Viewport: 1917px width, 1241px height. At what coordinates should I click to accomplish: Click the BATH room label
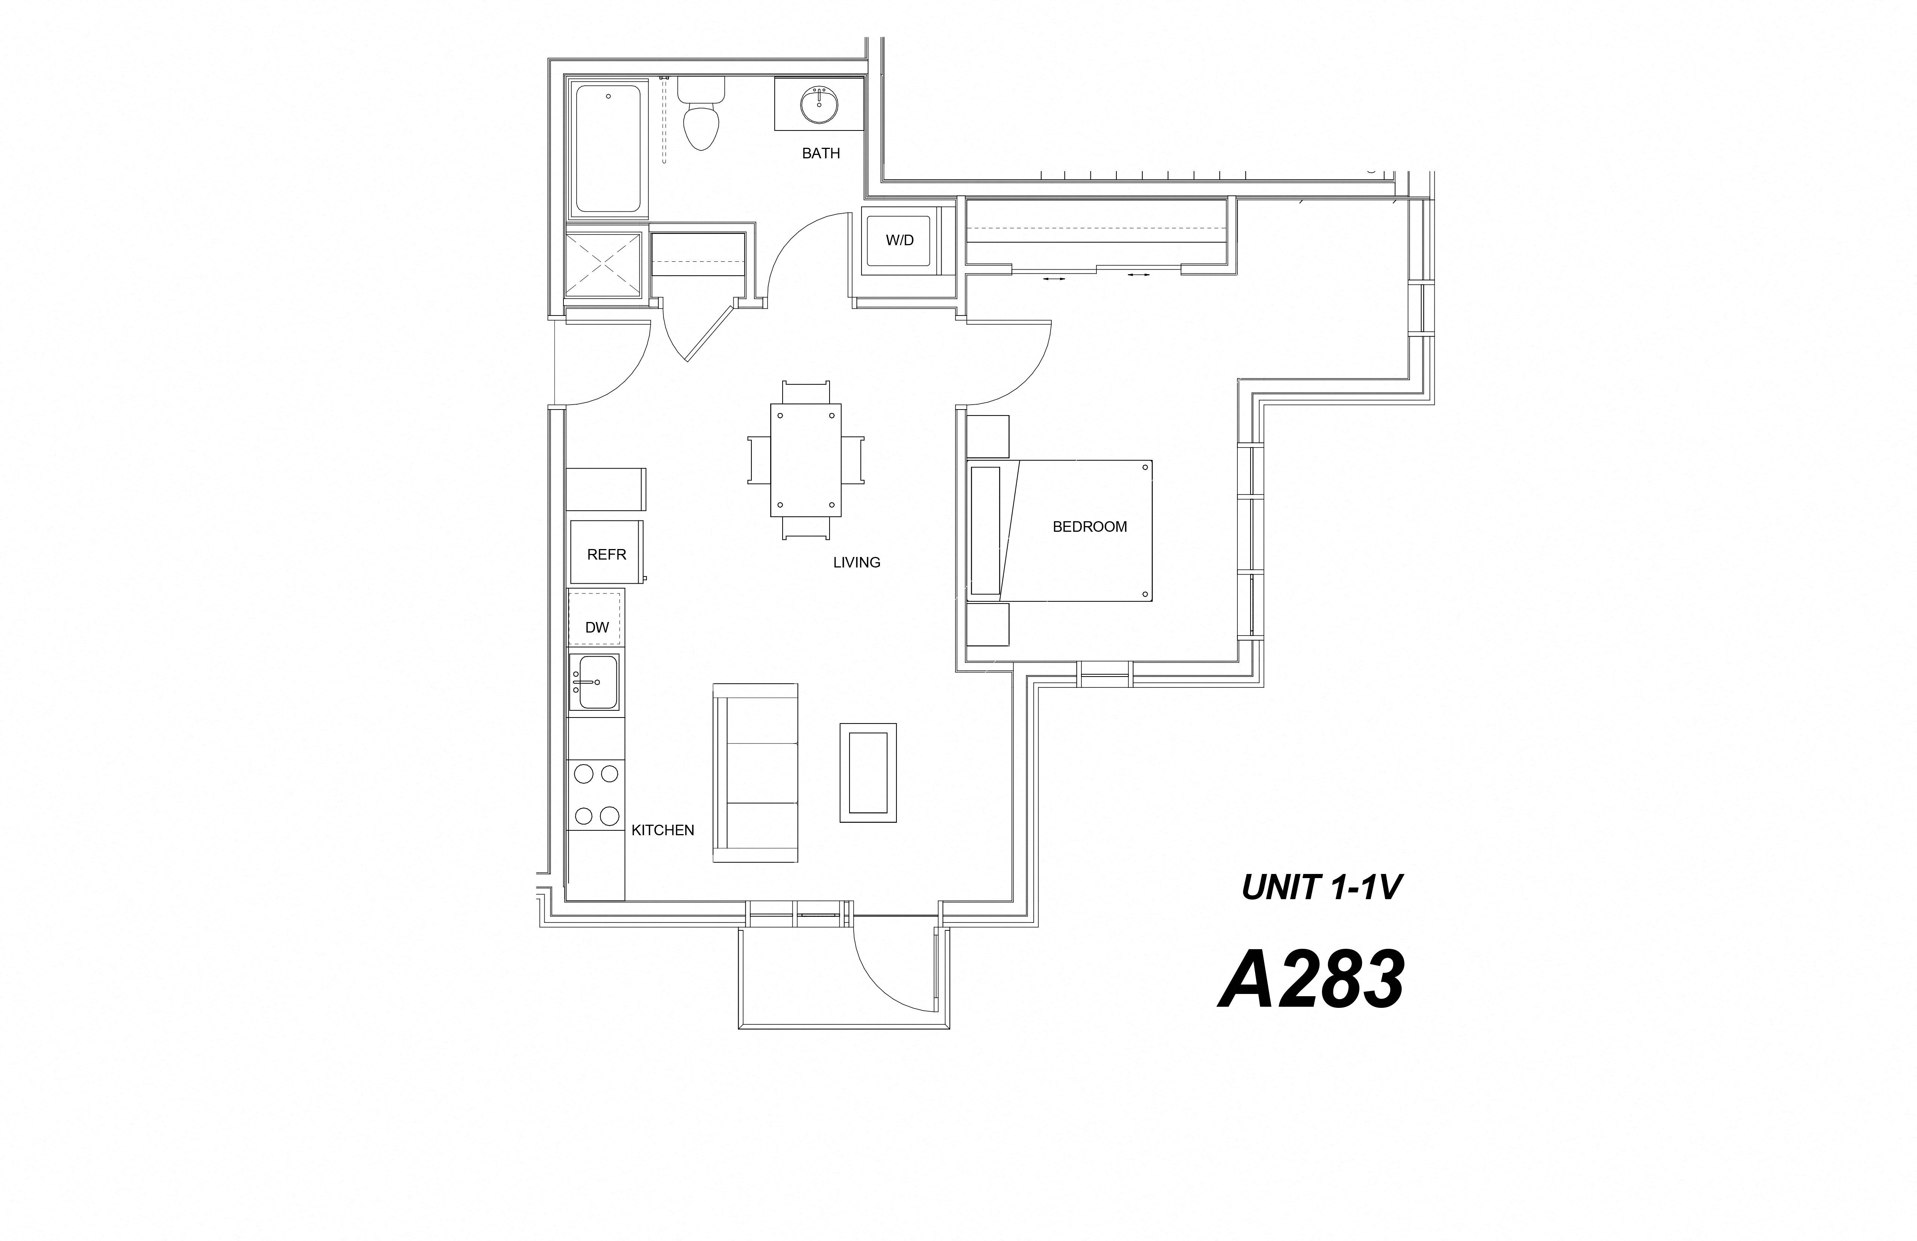coord(821,153)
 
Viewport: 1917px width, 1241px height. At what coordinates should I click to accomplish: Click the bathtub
coord(608,149)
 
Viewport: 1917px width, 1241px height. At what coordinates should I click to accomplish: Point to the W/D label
coord(900,240)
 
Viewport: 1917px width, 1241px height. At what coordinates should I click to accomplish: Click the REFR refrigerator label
coord(607,554)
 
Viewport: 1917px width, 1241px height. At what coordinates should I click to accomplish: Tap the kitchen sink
coord(595,682)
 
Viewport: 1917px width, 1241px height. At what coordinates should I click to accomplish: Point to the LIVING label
coord(856,563)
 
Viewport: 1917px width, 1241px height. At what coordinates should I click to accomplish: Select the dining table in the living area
coord(806,460)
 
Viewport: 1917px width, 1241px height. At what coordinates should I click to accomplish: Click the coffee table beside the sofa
coord(868,772)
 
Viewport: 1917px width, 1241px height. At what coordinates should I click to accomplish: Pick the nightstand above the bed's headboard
coord(987,437)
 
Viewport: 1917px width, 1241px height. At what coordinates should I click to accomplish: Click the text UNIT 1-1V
coord(1322,887)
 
